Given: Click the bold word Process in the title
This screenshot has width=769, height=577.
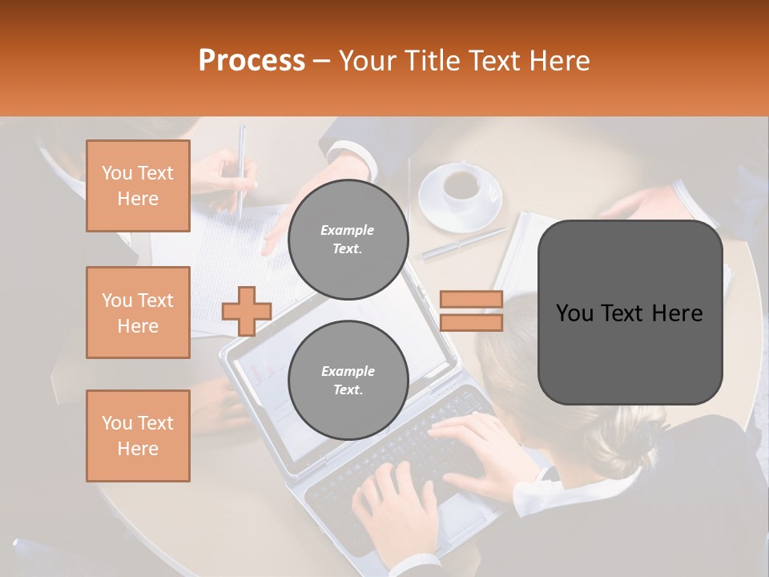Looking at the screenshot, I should click(252, 61).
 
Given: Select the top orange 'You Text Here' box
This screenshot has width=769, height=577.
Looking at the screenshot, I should click(138, 186).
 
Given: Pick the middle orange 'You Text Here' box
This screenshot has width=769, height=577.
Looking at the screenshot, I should click(138, 313).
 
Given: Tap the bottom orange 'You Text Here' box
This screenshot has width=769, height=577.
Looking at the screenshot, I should click(138, 436).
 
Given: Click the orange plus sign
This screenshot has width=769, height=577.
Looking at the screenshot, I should click(247, 311).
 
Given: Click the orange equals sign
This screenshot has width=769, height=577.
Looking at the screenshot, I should click(471, 311).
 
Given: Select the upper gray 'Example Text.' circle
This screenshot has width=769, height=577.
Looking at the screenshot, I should click(348, 239).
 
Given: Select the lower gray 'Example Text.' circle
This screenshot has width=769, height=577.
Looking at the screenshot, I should click(348, 380).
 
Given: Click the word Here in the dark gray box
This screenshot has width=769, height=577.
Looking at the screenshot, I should click(677, 313).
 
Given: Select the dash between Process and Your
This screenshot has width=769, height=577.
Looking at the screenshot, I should click(322, 61).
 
